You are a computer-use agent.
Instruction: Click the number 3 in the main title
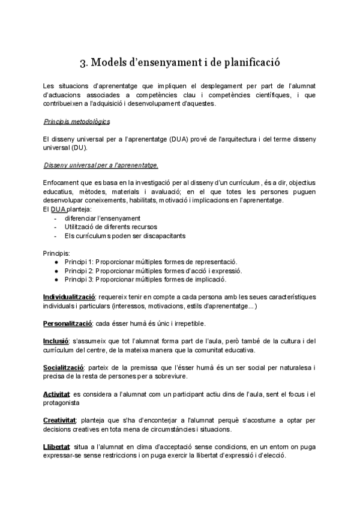tap(83, 62)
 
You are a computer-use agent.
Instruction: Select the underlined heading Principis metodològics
tap(76, 121)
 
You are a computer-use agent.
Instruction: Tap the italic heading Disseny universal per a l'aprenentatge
tap(101, 165)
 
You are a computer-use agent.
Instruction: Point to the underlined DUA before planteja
tap(58, 209)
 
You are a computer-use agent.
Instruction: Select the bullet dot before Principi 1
tap(56, 262)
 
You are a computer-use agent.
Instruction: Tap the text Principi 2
tap(81, 271)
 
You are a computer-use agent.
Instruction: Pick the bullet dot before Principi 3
tap(56, 280)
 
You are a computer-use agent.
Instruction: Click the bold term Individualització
tap(69, 297)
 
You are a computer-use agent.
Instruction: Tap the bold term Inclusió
tap(56, 342)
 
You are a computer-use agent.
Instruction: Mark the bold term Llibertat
tap(56, 447)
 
